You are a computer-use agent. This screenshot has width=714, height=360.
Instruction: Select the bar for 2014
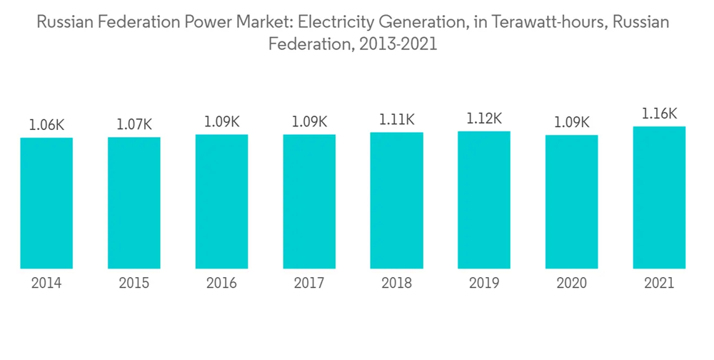click(46, 203)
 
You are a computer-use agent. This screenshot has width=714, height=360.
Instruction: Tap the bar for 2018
click(396, 201)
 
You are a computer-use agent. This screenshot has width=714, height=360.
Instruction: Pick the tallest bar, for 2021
click(659, 198)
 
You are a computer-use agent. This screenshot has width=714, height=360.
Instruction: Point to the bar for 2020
click(571, 201)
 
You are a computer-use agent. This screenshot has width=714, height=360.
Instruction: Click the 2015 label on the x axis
click(134, 284)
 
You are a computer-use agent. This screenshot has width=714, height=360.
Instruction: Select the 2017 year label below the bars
click(309, 284)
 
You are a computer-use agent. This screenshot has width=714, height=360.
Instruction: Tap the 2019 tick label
click(484, 284)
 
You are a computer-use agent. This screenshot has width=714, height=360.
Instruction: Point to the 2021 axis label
click(659, 284)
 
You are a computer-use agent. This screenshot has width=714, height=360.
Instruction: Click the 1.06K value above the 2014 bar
click(46, 124)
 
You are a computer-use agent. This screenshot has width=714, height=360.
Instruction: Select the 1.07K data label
click(134, 124)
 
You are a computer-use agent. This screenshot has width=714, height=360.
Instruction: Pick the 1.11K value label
click(396, 119)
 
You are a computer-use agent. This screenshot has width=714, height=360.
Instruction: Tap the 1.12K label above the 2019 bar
click(484, 118)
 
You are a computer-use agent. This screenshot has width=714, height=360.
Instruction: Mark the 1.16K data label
click(659, 114)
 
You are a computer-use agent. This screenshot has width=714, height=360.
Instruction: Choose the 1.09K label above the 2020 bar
click(571, 122)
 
